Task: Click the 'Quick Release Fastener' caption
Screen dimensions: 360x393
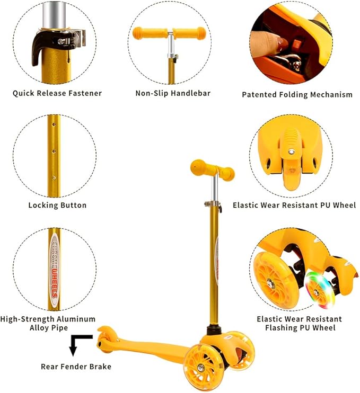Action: [57, 93]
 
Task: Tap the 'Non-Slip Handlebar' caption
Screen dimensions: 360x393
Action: [173, 93]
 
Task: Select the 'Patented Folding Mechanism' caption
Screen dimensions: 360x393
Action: [297, 94]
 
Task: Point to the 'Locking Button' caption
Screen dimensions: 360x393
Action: [57, 205]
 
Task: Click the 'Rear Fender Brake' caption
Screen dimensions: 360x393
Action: [76, 367]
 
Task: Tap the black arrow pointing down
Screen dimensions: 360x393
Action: [75, 345]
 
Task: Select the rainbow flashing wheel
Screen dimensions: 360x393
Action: [320, 290]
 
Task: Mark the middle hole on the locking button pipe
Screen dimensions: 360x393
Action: [54, 151]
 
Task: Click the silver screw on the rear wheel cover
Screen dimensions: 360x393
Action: [292, 151]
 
